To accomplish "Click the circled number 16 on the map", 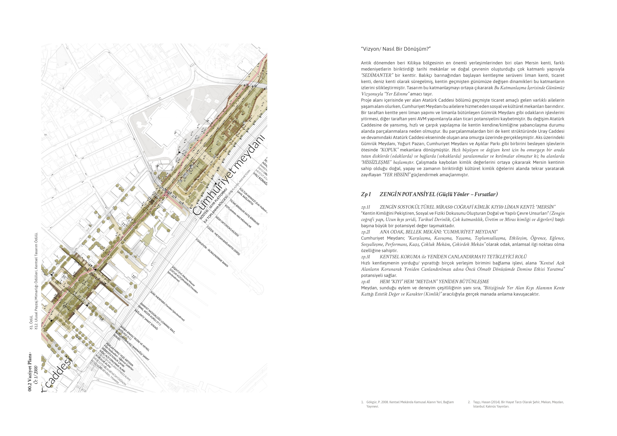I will (x=102, y=319).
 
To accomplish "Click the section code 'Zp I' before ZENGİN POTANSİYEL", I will (x=366, y=194).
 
